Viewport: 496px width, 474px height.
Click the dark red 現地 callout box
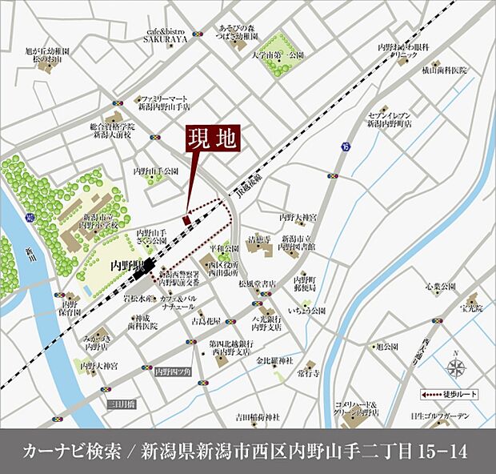(212, 139)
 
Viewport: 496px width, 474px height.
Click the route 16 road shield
(345, 146)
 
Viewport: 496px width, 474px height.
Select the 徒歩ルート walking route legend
(451, 394)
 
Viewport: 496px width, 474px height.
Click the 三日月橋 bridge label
(121, 404)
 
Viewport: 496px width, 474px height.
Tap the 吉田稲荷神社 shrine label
(258, 417)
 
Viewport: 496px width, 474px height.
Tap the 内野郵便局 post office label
(305, 282)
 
